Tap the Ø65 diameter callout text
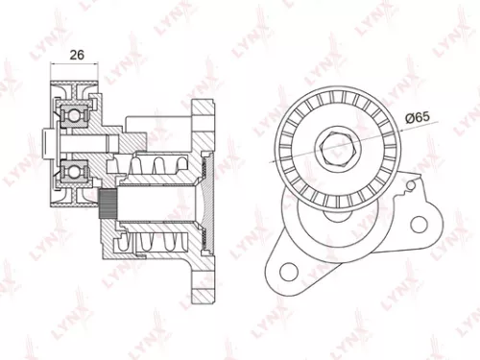click(x=417, y=116)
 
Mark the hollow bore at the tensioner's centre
click(x=154, y=205)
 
